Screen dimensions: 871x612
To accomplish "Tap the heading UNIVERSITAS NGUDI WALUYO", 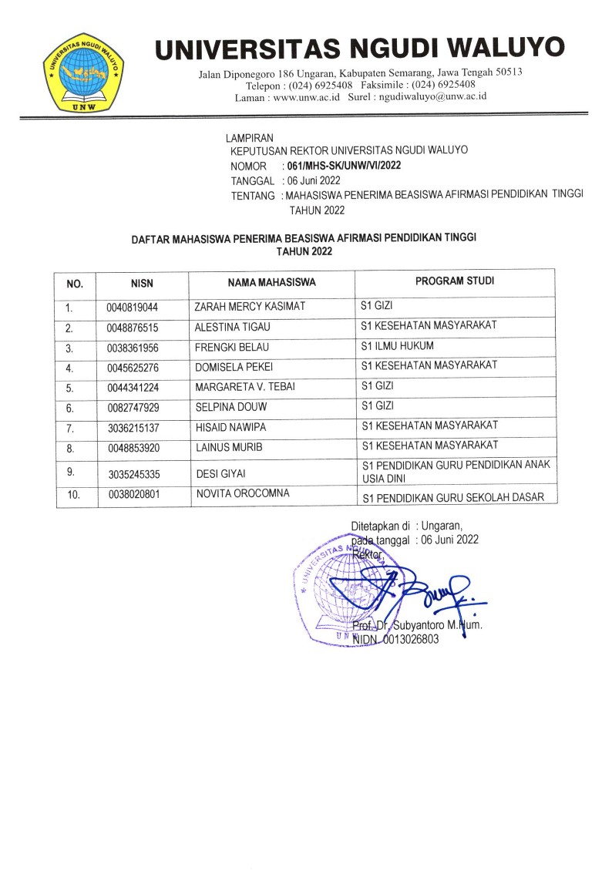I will tap(359, 49).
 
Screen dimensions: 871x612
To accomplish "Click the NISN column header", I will tap(143, 283).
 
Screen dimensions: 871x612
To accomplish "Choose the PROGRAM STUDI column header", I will tap(455, 281).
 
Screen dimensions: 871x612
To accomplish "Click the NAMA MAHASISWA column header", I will tap(272, 282).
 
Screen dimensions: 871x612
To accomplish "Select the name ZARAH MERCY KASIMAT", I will tap(250, 307).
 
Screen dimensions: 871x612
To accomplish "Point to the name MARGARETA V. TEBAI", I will tap(244, 386).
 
